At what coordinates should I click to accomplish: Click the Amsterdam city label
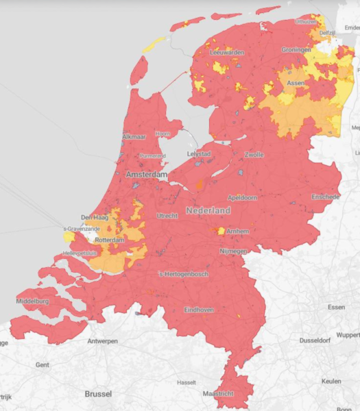coord(147,175)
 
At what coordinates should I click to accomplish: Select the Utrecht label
coord(167,216)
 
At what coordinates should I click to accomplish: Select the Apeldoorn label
coord(243,197)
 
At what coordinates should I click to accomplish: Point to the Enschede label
coord(325,197)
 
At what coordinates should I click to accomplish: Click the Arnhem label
coord(237,232)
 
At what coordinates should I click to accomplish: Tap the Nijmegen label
coord(233,251)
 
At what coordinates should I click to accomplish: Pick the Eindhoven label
coord(198,310)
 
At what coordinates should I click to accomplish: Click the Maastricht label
coord(218,394)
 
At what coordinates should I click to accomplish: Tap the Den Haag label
coord(95,218)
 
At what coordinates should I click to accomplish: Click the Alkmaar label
coord(134,137)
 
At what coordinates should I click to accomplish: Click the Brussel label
coord(98,394)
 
